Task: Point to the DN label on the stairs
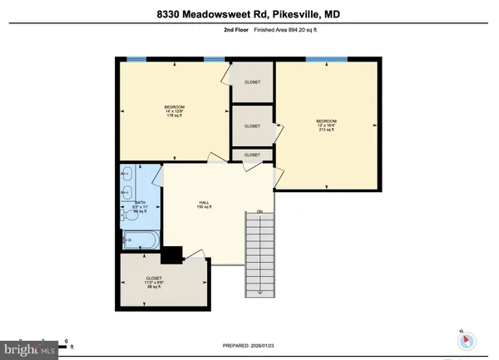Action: click(259, 211)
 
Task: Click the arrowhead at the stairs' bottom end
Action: click(259, 293)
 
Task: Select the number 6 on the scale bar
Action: click(66, 340)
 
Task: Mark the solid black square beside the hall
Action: click(172, 255)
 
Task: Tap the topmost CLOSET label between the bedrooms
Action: click(251, 82)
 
